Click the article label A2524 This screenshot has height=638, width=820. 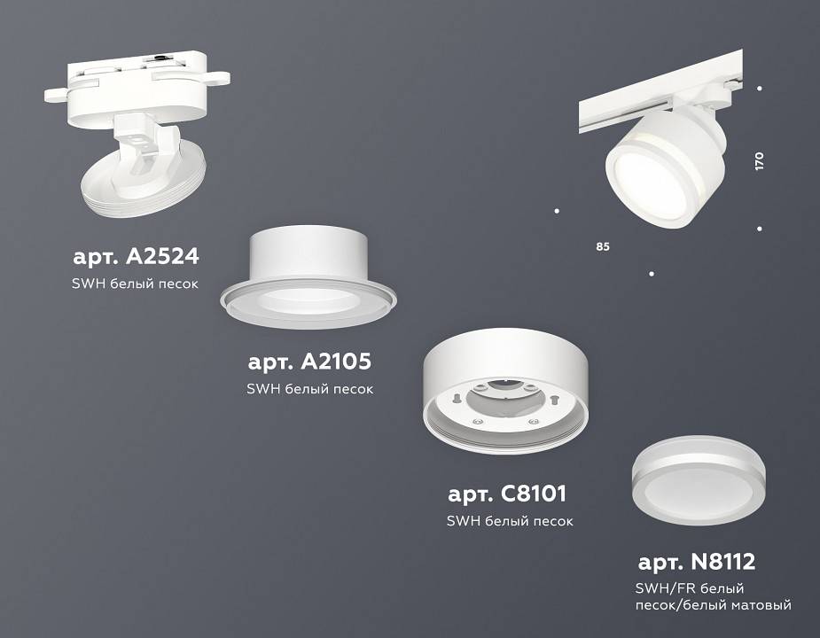(136, 257)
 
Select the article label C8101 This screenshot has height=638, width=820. (507, 493)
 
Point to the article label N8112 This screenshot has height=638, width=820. (697, 561)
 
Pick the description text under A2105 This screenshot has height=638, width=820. (308, 389)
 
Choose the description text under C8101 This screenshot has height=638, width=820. (510, 521)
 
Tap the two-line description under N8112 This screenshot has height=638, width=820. (713, 596)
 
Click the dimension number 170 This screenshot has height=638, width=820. (759, 160)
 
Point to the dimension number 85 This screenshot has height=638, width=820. (603, 245)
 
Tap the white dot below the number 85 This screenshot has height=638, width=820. (652, 274)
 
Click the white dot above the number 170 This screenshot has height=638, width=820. (760, 89)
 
